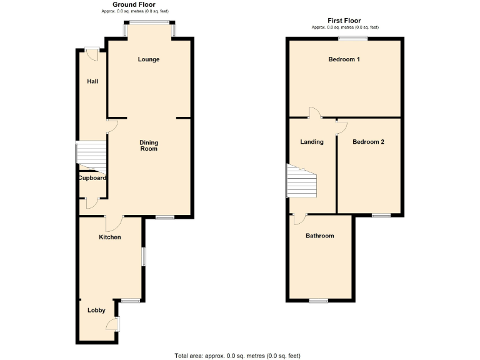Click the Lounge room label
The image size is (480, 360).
point(149,60)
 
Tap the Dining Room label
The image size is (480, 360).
point(149,146)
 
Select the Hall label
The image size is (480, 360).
point(92,81)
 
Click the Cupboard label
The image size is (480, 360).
point(92,178)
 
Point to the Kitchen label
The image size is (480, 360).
point(109,237)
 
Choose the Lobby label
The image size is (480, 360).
point(96,311)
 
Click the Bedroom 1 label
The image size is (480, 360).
point(344,60)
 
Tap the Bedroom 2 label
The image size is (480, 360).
point(368,142)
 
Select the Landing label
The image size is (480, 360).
point(312,142)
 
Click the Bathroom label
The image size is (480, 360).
point(319,236)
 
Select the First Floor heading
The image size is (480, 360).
point(344,21)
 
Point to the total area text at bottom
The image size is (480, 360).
point(237,356)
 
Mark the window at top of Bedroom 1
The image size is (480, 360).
point(353,39)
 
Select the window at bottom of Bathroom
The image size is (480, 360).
point(319,301)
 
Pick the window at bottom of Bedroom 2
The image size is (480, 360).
point(381,216)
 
